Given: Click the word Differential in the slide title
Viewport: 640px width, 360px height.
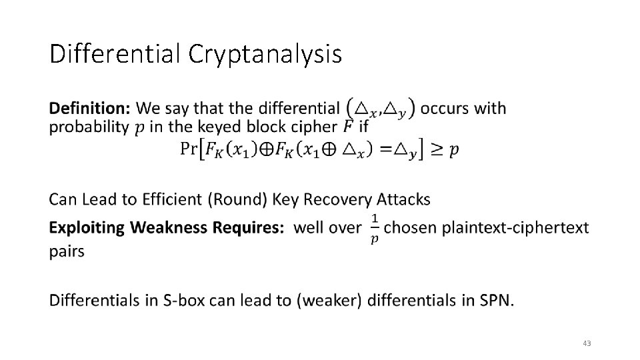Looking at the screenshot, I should pyautogui.click(x=115, y=53).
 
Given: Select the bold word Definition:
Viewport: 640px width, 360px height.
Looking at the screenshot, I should pyautogui.click(x=90, y=108).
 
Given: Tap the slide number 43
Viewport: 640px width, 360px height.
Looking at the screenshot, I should pyautogui.click(x=587, y=343).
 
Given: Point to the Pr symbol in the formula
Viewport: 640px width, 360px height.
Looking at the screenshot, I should pyautogui.click(x=189, y=149).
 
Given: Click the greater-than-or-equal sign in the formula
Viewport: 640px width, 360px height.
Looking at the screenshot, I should pyautogui.click(x=435, y=149).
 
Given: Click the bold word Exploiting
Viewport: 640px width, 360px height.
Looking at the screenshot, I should pyautogui.click(x=87, y=228).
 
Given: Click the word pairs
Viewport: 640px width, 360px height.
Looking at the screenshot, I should pyautogui.click(x=67, y=252).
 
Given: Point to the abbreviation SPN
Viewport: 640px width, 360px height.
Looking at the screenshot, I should pyautogui.click(x=495, y=301).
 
